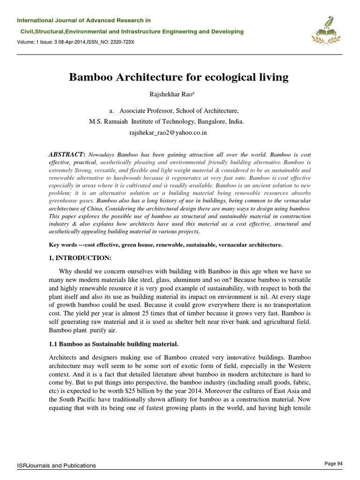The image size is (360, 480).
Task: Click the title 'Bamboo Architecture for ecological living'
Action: pyautogui.click(x=179, y=77)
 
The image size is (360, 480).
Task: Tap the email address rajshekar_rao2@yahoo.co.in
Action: pyautogui.click(x=168, y=133)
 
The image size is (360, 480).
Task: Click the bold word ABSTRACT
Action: pyautogui.click(x=66, y=154)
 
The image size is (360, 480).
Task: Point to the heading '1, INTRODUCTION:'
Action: pyautogui.click(x=80, y=258)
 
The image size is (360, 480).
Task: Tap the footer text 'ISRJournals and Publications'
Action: pyautogui.click(x=56, y=465)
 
